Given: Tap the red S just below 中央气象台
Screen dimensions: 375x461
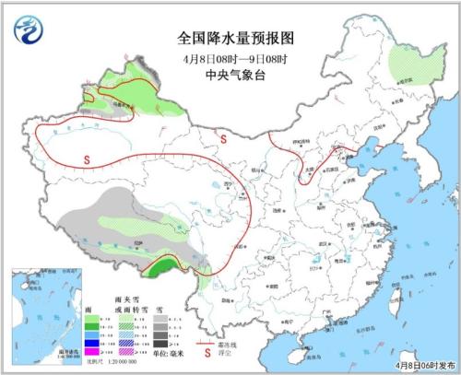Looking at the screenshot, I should point(224,138).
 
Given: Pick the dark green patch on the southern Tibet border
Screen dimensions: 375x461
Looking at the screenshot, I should point(162,268).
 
